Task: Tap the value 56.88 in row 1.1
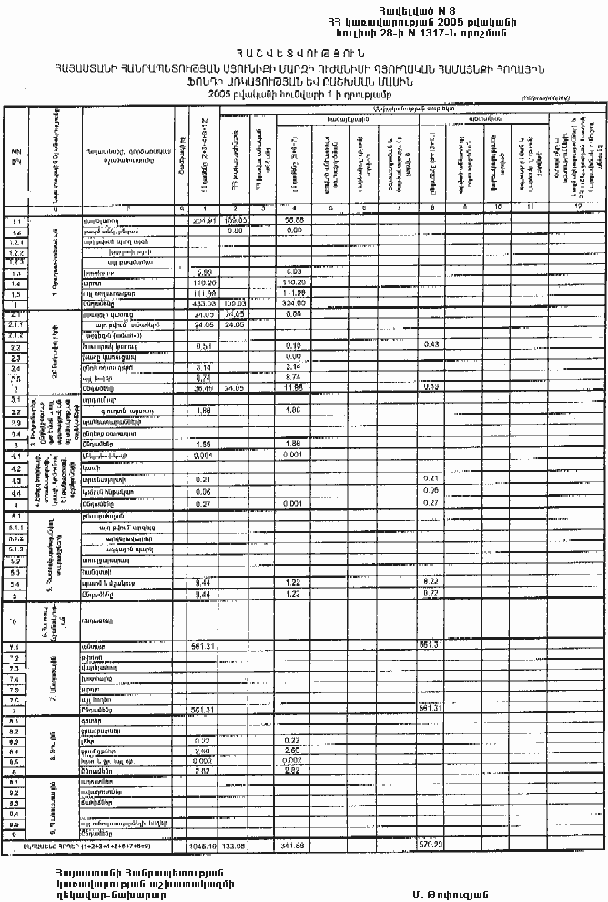tap(293, 220)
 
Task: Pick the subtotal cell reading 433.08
tap(203, 303)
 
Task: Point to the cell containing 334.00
tap(293, 303)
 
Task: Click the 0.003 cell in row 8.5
tap(203, 761)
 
